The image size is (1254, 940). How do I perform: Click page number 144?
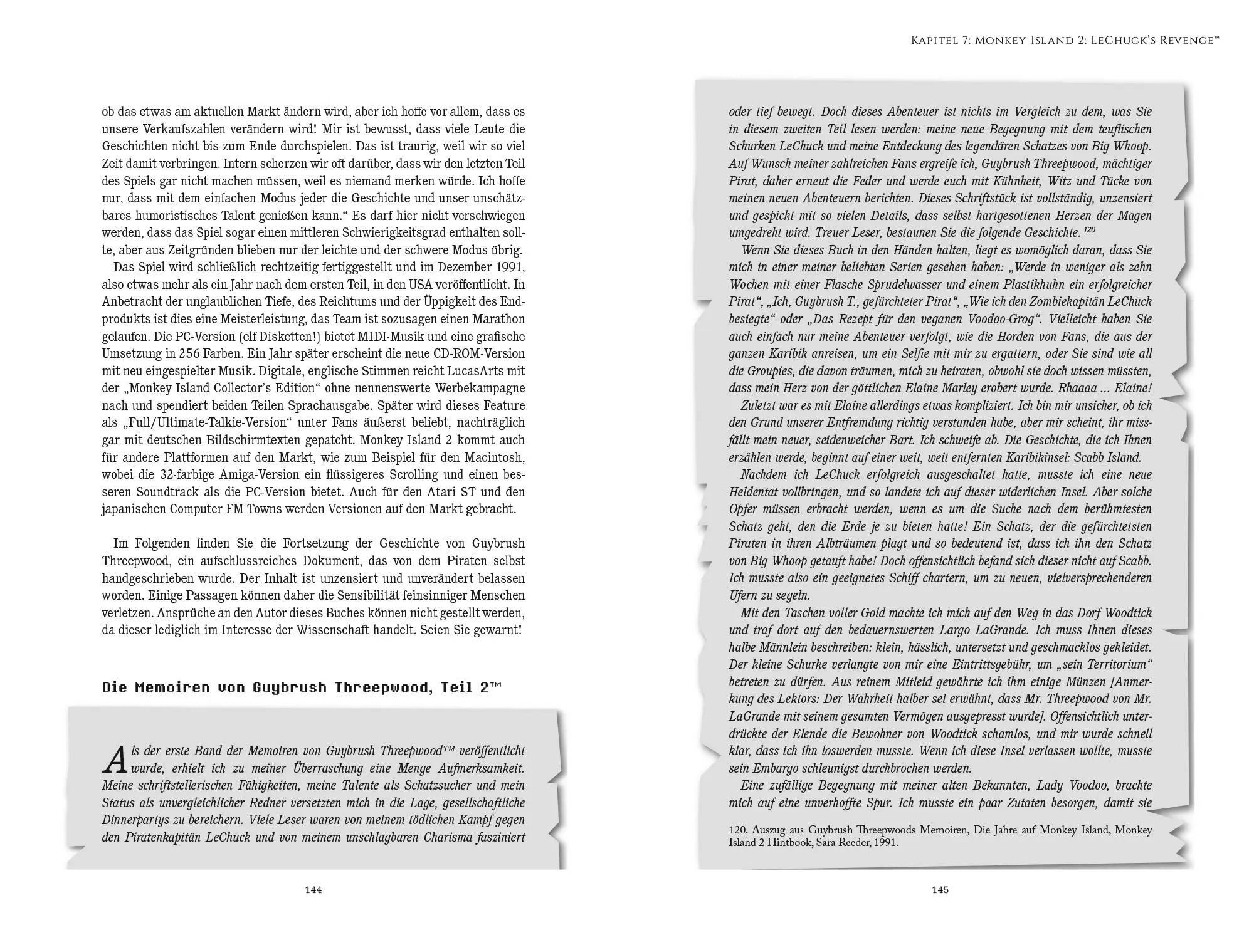[x=313, y=890]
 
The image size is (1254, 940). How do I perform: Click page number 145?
[x=940, y=890]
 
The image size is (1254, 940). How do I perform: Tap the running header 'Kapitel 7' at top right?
[x=939, y=41]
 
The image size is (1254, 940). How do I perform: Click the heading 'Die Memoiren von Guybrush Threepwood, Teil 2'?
[x=302, y=687]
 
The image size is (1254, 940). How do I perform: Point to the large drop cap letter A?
[x=115, y=760]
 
